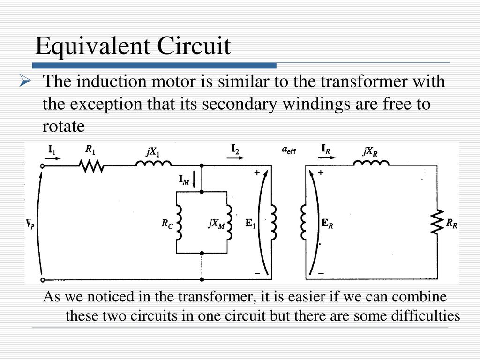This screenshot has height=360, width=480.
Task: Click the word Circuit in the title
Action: (194, 46)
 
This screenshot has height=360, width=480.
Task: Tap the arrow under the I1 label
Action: (52, 158)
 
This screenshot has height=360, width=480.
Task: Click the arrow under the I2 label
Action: (235, 157)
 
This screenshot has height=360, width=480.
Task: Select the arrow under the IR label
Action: (326, 157)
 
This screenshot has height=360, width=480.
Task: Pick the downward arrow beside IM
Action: (194, 181)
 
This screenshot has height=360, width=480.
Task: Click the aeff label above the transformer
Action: (289, 150)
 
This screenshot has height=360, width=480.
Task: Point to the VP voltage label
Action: (30, 225)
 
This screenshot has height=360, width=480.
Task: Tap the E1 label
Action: (250, 224)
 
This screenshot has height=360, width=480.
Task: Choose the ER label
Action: (327, 224)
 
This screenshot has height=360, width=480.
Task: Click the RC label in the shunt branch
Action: (167, 224)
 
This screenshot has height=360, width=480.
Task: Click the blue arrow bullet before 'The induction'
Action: (25, 82)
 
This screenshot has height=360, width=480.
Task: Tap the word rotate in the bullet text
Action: (63, 126)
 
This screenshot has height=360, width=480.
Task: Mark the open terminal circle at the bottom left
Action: (43, 279)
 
